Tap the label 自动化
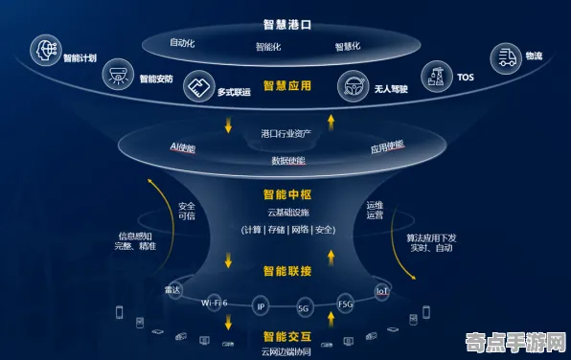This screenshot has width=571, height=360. tap(182, 43)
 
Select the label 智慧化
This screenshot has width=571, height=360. tap(348, 46)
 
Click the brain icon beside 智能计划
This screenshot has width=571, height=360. tap(44, 47)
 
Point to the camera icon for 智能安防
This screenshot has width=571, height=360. tap(119, 72)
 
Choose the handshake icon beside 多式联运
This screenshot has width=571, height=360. tap(197, 86)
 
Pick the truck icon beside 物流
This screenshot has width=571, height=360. tap(505, 56)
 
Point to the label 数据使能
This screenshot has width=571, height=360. tap(287, 160)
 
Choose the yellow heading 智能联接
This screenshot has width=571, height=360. tap(285, 271)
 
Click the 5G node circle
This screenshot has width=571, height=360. tap(304, 308)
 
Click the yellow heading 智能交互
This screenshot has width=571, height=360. tap(285, 336)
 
